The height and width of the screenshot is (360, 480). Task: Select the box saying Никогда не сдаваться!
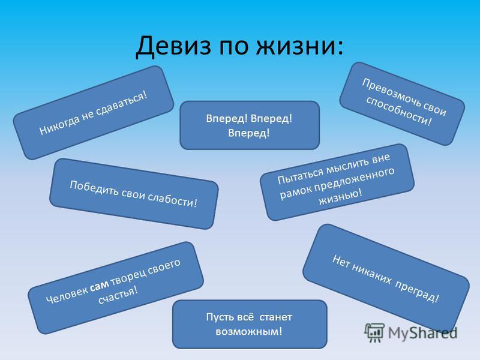(x=94, y=112)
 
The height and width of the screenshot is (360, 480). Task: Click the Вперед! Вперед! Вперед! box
(x=250, y=125)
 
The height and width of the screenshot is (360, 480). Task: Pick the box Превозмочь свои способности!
(x=402, y=103)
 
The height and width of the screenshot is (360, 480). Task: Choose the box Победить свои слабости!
(x=134, y=193)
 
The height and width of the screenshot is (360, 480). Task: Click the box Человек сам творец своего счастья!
(x=116, y=278)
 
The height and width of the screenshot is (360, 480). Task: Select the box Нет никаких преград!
(x=385, y=278)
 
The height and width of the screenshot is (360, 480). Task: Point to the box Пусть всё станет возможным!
(x=250, y=324)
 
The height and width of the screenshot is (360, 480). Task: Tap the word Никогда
(x=59, y=125)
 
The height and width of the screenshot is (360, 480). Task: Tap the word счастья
(x=119, y=294)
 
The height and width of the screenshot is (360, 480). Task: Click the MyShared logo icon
(x=375, y=332)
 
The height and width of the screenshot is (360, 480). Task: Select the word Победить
(x=92, y=185)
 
